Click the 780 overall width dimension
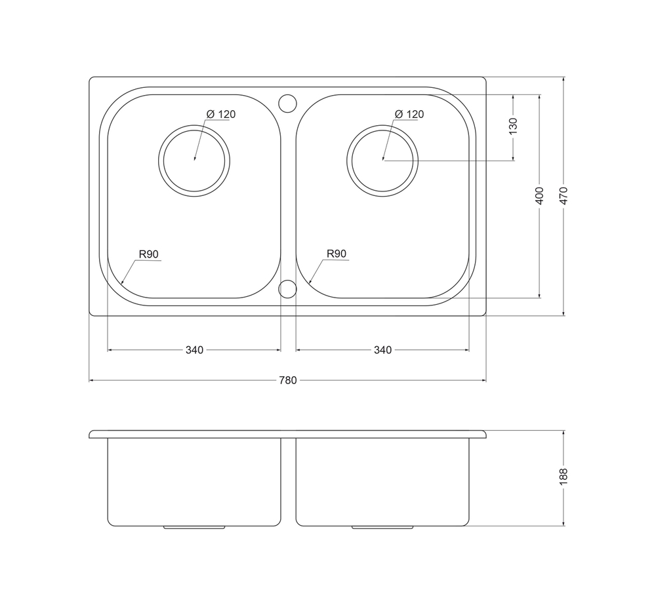(287, 380)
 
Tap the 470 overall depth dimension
(564, 196)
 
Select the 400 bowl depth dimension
(539, 196)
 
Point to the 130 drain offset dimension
(514, 127)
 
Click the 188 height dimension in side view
(564, 477)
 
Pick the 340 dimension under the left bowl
(195, 349)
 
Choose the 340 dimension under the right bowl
(383, 349)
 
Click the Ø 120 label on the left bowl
(221, 114)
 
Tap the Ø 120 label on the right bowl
(409, 114)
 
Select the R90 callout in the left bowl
(149, 254)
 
